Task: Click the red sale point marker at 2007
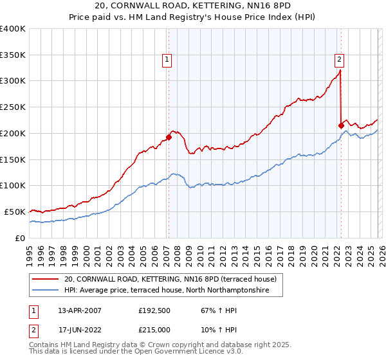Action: tap(169, 136)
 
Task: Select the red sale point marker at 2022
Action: tap(341, 125)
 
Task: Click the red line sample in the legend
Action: tap(46, 279)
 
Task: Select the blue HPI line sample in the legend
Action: tap(46, 291)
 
